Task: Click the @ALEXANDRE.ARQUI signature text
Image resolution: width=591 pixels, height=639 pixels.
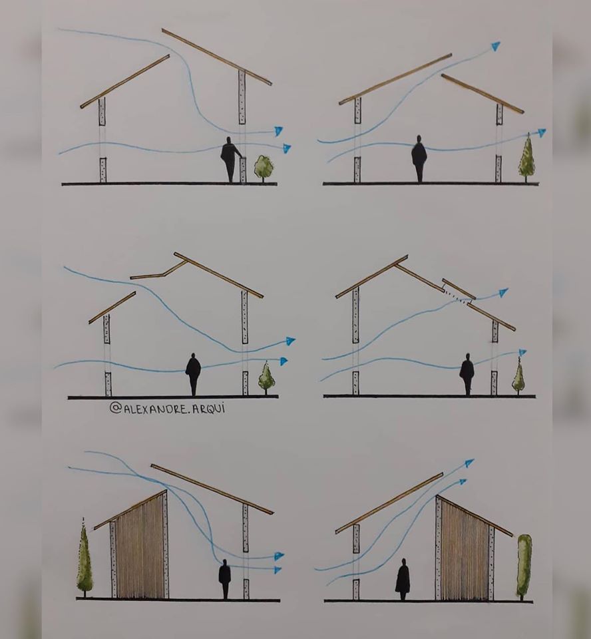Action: click(167, 408)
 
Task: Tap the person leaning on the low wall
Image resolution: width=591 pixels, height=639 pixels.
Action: click(230, 160)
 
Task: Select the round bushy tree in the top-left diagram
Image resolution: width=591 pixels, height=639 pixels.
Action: click(264, 168)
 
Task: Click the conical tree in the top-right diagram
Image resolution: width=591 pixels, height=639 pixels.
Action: click(526, 157)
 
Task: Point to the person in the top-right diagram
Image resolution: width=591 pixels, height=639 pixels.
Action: click(419, 159)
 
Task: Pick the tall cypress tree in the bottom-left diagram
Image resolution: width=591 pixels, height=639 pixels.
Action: click(85, 558)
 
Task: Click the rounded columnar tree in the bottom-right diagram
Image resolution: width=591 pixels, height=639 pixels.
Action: click(524, 566)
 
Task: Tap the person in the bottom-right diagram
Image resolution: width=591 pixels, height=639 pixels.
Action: click(402, 579)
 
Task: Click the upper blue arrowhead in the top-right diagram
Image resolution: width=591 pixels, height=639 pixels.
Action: click(495, 46)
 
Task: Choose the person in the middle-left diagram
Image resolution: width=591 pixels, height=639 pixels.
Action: click(193, 374)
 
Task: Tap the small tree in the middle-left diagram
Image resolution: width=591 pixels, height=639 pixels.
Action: click(266, 378)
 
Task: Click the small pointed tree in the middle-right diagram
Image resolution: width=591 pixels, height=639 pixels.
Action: click(518, 376)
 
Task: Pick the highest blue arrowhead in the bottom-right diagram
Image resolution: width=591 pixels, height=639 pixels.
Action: click(469, 463)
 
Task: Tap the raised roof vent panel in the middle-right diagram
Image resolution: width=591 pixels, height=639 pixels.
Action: click(459, 289)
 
